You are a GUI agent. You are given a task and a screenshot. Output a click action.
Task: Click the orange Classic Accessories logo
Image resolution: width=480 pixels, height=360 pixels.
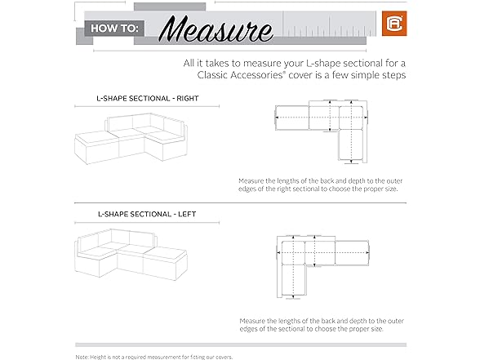pos(394,24)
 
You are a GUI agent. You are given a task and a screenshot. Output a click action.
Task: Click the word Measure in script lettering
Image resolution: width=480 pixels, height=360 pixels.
pos(216,29)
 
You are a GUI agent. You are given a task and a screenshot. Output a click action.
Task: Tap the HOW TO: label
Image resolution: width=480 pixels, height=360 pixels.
pos(114,29)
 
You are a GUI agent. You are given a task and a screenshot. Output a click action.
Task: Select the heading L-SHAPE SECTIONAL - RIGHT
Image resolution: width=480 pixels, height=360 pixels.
pos(148,99)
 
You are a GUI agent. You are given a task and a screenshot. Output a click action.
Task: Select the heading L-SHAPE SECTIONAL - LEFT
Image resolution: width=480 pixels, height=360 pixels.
pos(147,214)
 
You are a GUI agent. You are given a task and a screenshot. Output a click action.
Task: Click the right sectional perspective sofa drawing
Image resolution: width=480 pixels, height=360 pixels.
pos(131,139)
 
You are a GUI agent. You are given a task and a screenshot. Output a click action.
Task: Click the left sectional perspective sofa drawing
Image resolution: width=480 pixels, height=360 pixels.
pos(131,255)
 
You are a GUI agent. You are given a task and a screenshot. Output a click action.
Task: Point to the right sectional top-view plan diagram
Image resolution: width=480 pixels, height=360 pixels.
pos(322,131)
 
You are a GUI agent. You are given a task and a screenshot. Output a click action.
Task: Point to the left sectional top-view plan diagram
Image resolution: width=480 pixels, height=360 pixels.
pos(323,267)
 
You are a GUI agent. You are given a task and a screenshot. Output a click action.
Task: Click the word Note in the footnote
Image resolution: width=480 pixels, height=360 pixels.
pos(82,357)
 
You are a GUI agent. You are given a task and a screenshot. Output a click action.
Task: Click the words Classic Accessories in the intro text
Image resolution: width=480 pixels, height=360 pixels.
pos(240,75)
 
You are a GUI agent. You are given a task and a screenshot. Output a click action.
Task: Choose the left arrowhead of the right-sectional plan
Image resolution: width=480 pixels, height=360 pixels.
pos(277,118)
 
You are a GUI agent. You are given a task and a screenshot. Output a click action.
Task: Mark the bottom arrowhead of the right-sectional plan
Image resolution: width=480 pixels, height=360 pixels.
pos(351,162)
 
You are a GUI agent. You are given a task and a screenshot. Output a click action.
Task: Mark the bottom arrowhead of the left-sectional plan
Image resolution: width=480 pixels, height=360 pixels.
pos(293,296)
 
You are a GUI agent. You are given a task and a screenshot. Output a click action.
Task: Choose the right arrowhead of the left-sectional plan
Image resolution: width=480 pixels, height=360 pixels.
pos(367,253)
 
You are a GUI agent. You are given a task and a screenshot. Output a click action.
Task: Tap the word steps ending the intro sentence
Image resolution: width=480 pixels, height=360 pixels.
pos(394,75)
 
